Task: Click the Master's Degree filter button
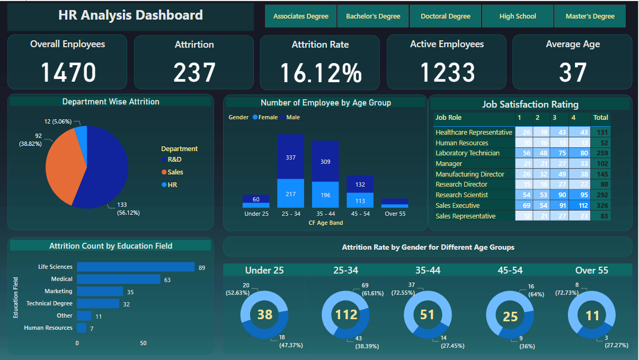590,16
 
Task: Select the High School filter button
518,16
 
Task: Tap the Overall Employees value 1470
68,73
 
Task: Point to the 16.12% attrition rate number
320,73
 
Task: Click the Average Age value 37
573,73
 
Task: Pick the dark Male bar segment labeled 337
290,157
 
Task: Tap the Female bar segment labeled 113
360,200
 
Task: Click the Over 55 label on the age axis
394,214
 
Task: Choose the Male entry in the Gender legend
292,117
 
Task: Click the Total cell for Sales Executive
600,206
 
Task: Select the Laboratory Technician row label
467,153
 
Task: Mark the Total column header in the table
600,118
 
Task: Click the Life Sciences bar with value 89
136,267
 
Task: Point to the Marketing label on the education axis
58,291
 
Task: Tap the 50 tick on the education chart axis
143,343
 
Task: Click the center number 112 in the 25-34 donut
347,315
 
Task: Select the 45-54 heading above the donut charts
510,270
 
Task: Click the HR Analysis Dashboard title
130,15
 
